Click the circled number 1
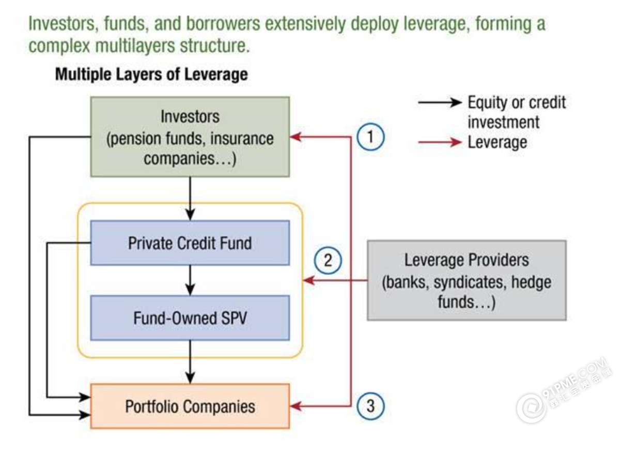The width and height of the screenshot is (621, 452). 370,138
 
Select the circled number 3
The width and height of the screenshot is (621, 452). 370,406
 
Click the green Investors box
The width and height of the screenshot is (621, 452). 190,137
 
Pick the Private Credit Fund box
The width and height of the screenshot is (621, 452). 190,243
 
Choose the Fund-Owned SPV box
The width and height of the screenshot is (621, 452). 190,318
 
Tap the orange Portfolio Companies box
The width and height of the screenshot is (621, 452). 190,406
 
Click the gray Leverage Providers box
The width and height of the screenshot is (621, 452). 467,280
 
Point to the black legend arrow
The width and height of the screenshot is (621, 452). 440,103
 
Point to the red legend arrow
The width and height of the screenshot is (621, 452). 440,142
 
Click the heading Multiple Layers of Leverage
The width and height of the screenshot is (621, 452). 151,74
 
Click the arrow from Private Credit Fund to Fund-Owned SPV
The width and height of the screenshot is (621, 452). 191,280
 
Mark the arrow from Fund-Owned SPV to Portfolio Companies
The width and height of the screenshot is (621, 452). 191,362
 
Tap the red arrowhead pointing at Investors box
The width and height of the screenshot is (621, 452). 296,137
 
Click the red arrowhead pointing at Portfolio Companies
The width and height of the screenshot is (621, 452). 296,406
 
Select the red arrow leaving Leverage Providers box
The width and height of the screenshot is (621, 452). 336,281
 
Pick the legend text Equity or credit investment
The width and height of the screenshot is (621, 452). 516,112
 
